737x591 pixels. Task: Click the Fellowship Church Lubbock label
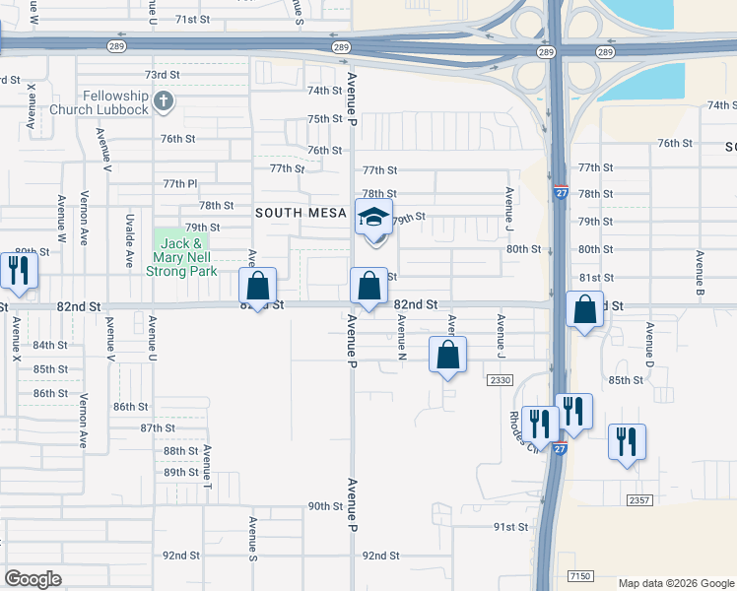[101, 101]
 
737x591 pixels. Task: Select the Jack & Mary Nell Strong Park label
[181, 257]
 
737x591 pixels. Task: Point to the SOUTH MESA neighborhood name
[301, 213]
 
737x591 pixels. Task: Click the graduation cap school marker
[373, 221]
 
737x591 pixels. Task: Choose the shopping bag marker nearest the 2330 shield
[447, 356]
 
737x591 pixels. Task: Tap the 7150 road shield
[581, 574]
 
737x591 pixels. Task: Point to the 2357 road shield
[638, 501]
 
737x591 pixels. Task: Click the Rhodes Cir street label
[519, 427]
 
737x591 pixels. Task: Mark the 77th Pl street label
[180, 184]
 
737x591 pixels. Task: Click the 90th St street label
[324, 506]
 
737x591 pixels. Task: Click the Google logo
[33, 579]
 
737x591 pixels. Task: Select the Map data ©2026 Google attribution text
[675, 583]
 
